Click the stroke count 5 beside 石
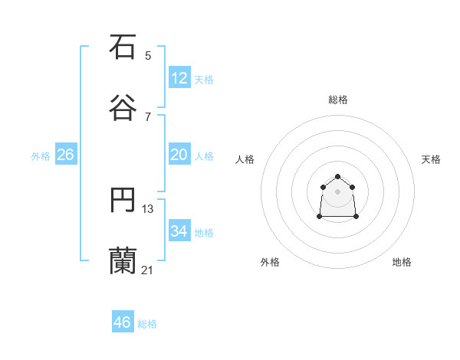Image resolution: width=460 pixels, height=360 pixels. pyautogui.click(x=148, y=55)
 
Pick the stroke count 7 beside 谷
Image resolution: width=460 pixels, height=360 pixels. pyautogui.click(x=148, y=116)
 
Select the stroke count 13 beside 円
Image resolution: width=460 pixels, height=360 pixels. pyautogui.click(x=148, y=209)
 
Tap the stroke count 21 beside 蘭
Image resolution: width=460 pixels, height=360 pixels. pyautogui.click(x=148, y=270)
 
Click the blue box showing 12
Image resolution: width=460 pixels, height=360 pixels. pyautogui.click(x=179, y=78)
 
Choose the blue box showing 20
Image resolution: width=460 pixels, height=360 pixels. pyautogui.click(x=179, y=155)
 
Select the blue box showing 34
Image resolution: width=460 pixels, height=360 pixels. pyautogui.click(x=179, y=231)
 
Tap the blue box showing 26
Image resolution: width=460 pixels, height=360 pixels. pyautogui.click(x=65, y=155)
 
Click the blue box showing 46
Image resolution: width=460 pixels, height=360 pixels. pyautogui.click(x=123, y=322)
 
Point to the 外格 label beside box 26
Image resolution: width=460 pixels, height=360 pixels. pyautogui.click(x=41, y=156)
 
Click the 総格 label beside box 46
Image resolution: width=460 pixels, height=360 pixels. pyautogui.click(x=147, y=324)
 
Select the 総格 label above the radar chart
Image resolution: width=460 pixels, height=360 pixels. pyautogui.click(x=338, y=100)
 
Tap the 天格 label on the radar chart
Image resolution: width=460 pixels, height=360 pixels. pyautogui.click(x=431, y=159)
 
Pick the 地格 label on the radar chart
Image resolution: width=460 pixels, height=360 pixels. pyautogui.click(x=402, y=262)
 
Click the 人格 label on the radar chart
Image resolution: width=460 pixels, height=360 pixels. pyautogui.click(x=245, y=159)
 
